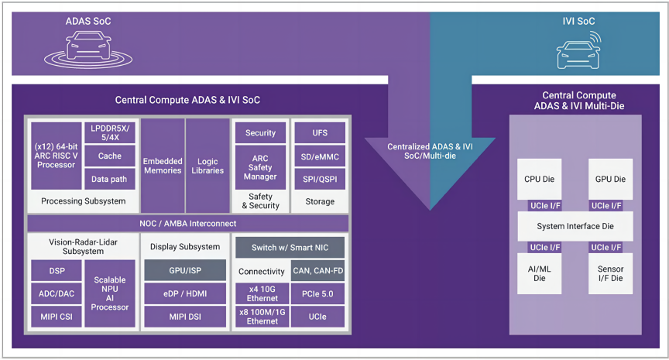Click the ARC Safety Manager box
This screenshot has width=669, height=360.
(x=260, y=166)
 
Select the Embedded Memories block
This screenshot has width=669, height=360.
(x=163, y=166)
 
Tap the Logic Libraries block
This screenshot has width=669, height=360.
(x=208, y=166)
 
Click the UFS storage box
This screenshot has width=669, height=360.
(x=320, y=133)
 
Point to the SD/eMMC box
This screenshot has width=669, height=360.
(x=320, y=156)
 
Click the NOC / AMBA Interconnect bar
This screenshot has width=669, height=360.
(x=188, y=224)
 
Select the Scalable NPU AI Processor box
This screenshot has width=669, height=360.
(x=109, y=293)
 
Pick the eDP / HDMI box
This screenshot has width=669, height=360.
(x=184, y=294)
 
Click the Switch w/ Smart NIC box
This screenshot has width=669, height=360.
(x=290, y=248)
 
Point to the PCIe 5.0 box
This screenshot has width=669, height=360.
(x=317, y=295)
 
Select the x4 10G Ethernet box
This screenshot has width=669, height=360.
(x=261, y=295)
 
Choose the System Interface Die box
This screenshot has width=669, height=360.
(x=575, y=226)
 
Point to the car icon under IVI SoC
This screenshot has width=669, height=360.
(x=578, y=53)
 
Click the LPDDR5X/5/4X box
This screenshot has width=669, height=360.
(x=109, y=133)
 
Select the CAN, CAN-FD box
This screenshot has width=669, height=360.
(x=317, y=271)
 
